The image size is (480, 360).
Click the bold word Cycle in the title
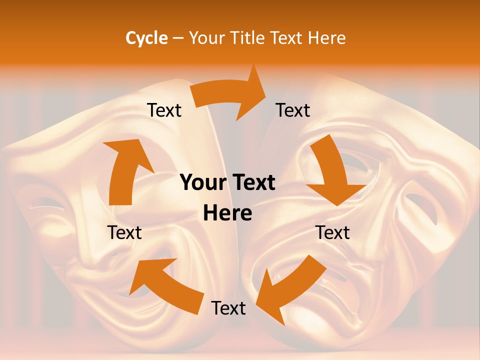pos(146,38)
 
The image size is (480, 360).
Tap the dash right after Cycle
pos(178,38)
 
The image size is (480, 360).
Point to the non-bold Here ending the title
pos(327,38)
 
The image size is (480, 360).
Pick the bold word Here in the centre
pos(227,213)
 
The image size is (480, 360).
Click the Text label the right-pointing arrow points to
pos(293,110)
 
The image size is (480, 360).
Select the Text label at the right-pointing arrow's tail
pos(164,110)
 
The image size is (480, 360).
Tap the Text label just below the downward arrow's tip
pos(332,232)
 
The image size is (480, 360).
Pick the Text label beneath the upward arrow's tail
pos(124,232)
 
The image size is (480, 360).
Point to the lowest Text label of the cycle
pos(228,308)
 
